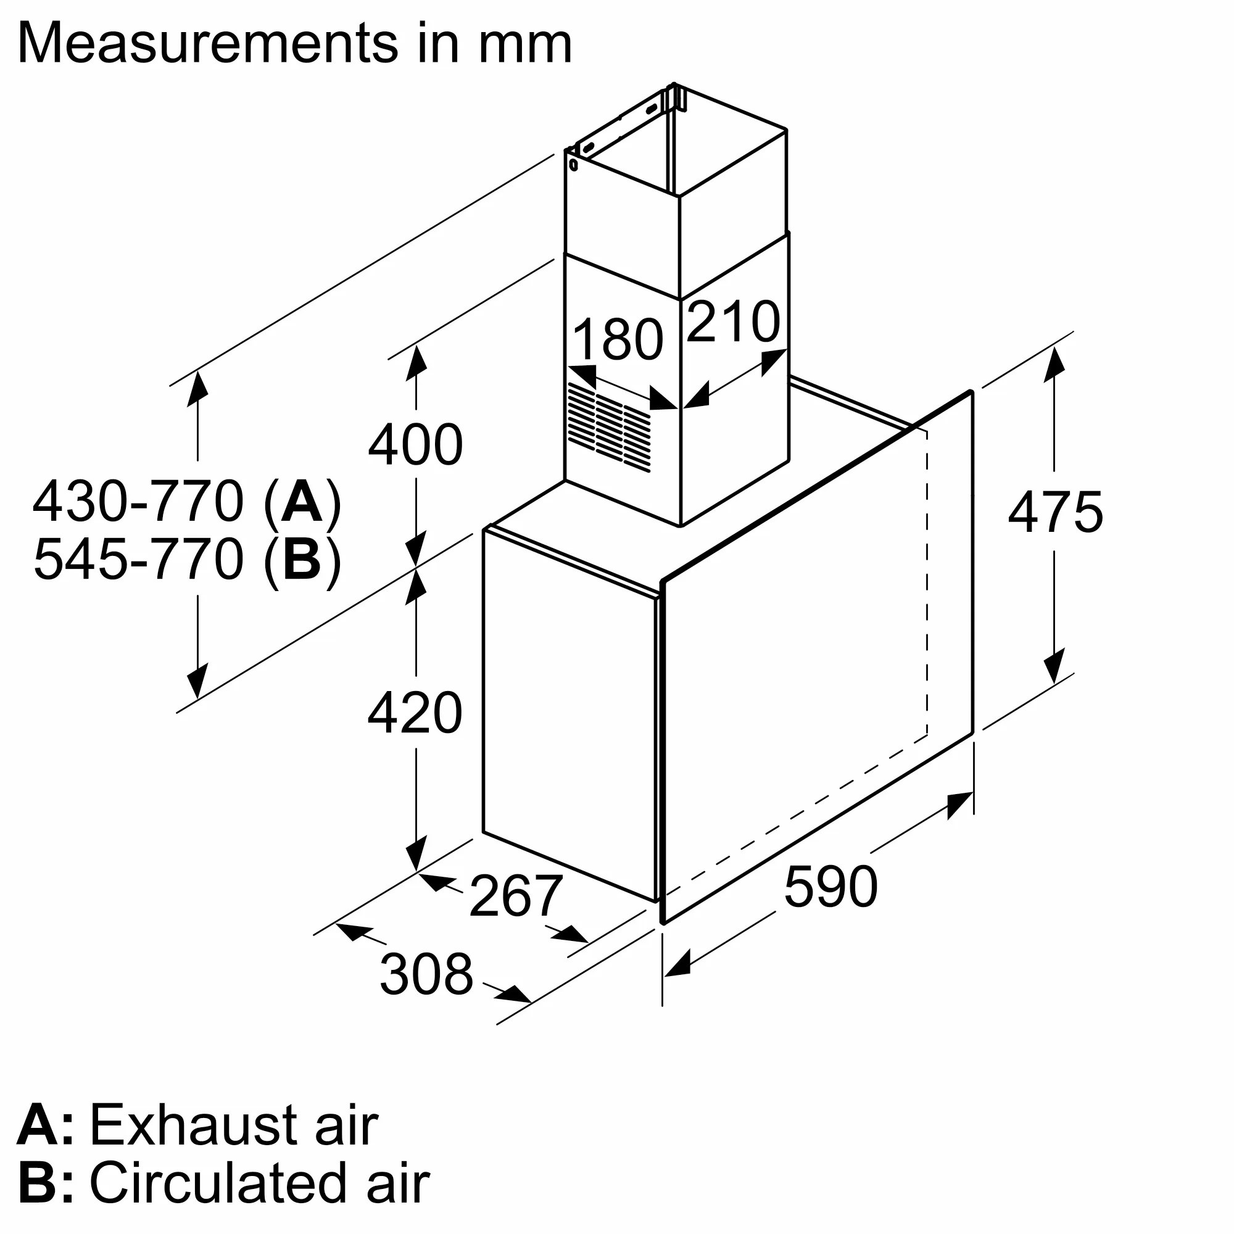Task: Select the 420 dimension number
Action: click(415, 712)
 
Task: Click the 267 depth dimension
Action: click(515, 896)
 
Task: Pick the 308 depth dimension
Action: click(426, 974)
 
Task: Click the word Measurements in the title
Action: click(207, 43)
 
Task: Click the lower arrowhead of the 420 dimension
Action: click(416, 855)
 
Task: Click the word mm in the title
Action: click(525, 43)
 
